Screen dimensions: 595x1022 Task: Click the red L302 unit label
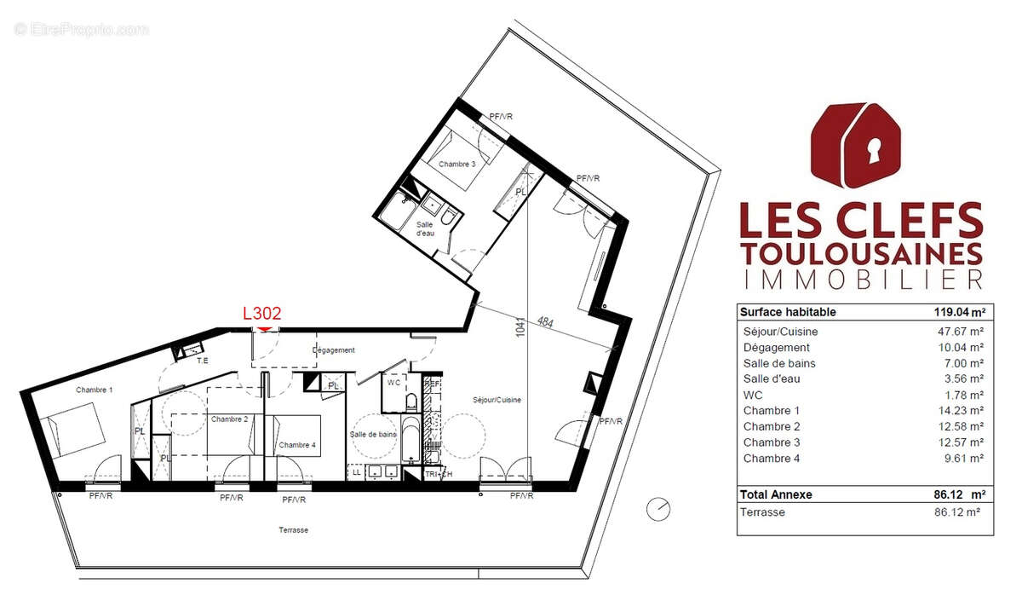click(x=262, y=314)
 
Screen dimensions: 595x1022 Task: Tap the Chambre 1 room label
click(x=94, y=390)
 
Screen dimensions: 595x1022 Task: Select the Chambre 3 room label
click(x=457, y=163)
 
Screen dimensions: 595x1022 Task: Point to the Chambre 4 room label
click(x=296, y=445)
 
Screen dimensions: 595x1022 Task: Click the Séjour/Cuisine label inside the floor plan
click(x=497, y=400)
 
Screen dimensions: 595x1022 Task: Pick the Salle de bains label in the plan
click(x=373, y=435)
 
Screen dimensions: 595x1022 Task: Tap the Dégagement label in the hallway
click(x=333, y=350)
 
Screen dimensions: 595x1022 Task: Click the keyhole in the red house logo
click(x=872, y=152)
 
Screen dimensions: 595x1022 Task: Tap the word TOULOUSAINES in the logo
click(x=861, y=254)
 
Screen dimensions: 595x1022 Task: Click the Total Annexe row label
click(x=776, y=494)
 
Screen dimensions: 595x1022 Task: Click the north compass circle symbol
click(x=657, y=509)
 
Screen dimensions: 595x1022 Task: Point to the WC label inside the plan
click(x=393, y=384)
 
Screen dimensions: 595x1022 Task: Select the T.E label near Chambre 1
click(x=203, y=361)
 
